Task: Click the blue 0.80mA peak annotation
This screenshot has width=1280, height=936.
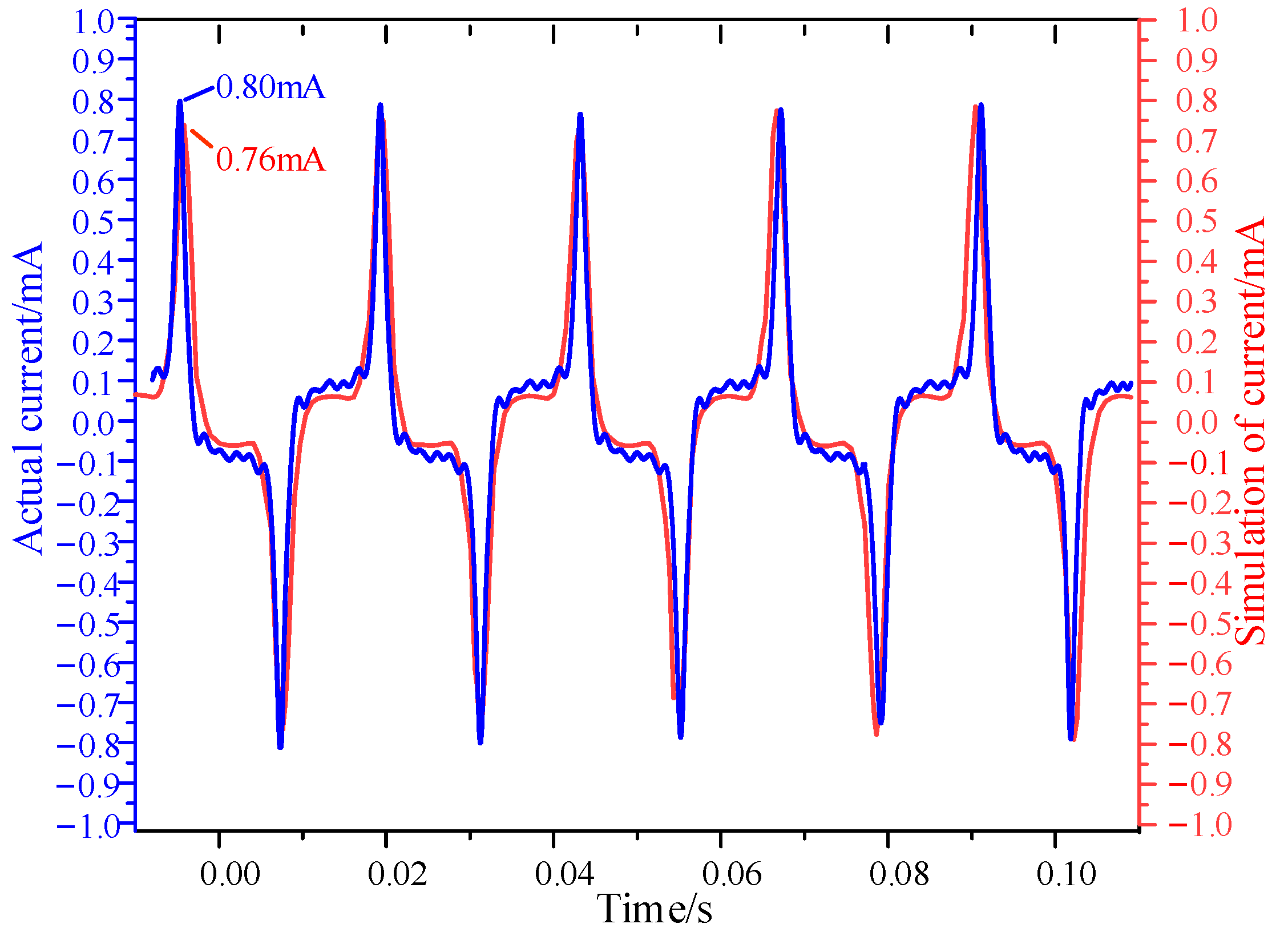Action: pyautogui.click(x=270, y=87)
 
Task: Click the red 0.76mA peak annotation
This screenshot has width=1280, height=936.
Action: pyautogui.click(x=270, y=159)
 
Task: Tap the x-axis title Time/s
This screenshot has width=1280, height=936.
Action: pyautogui.click(x=655, y=908)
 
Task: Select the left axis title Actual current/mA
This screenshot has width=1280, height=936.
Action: pyautogui.click(x=27, y=398)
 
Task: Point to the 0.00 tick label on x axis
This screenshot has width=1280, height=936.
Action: pyautogui.click(x=229, y=874)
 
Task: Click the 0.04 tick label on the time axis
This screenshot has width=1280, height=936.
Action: pyautogui.click(x=564, y=874)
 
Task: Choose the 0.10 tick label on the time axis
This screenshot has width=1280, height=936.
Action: pyautogui.click(x=1066, y=874)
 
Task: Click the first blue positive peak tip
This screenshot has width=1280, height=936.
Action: pyautogui.click(x=180, y=102)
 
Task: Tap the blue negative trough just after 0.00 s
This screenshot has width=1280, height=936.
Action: pyautogui.click(x=280, y=746)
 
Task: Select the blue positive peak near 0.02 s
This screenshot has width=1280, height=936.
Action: pyautogui.click(x=381, y=106)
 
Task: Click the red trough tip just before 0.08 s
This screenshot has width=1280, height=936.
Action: pyautogui.click(x=877, y=733)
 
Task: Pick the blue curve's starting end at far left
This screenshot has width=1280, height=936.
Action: pyautogui.click(x=152, y=380)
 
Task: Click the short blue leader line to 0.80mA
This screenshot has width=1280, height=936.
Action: pyautogui.click(x=199, y=94)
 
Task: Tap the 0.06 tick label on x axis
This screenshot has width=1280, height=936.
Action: pyautogui.click(x=732, y=874)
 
